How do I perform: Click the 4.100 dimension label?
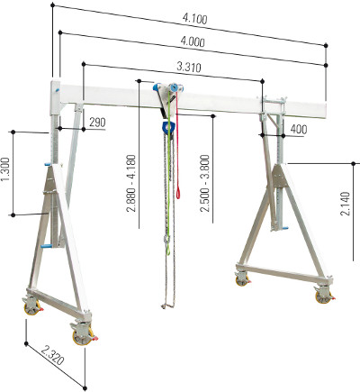click(195, 19)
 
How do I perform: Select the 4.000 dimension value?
click(193, 41)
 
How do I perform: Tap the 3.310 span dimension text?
click(189, 67)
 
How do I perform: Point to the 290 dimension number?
click(97, 123)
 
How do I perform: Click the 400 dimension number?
click(299, 129)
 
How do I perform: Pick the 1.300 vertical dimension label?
click(6, 169)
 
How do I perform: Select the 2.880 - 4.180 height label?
click(131, 184)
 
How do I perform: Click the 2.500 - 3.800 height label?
click(205, 184)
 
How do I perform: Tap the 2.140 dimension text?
click(346, 204)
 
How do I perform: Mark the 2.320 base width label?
click(52, 355)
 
